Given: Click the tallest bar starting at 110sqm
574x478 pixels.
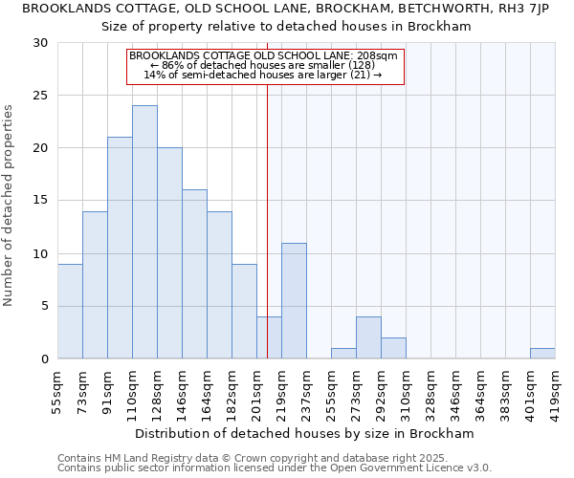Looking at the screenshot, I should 144,232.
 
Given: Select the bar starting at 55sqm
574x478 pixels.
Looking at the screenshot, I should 70,311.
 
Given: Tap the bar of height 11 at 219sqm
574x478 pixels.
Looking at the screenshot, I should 294,300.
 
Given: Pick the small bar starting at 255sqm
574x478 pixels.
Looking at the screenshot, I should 343,353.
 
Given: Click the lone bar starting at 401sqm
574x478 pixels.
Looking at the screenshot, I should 542,353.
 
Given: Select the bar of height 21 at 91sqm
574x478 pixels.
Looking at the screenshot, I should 120,248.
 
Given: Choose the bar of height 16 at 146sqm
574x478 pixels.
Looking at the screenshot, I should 194,273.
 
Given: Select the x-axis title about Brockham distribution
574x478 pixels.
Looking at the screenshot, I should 305,433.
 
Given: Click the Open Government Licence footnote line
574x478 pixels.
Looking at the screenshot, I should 275,467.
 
